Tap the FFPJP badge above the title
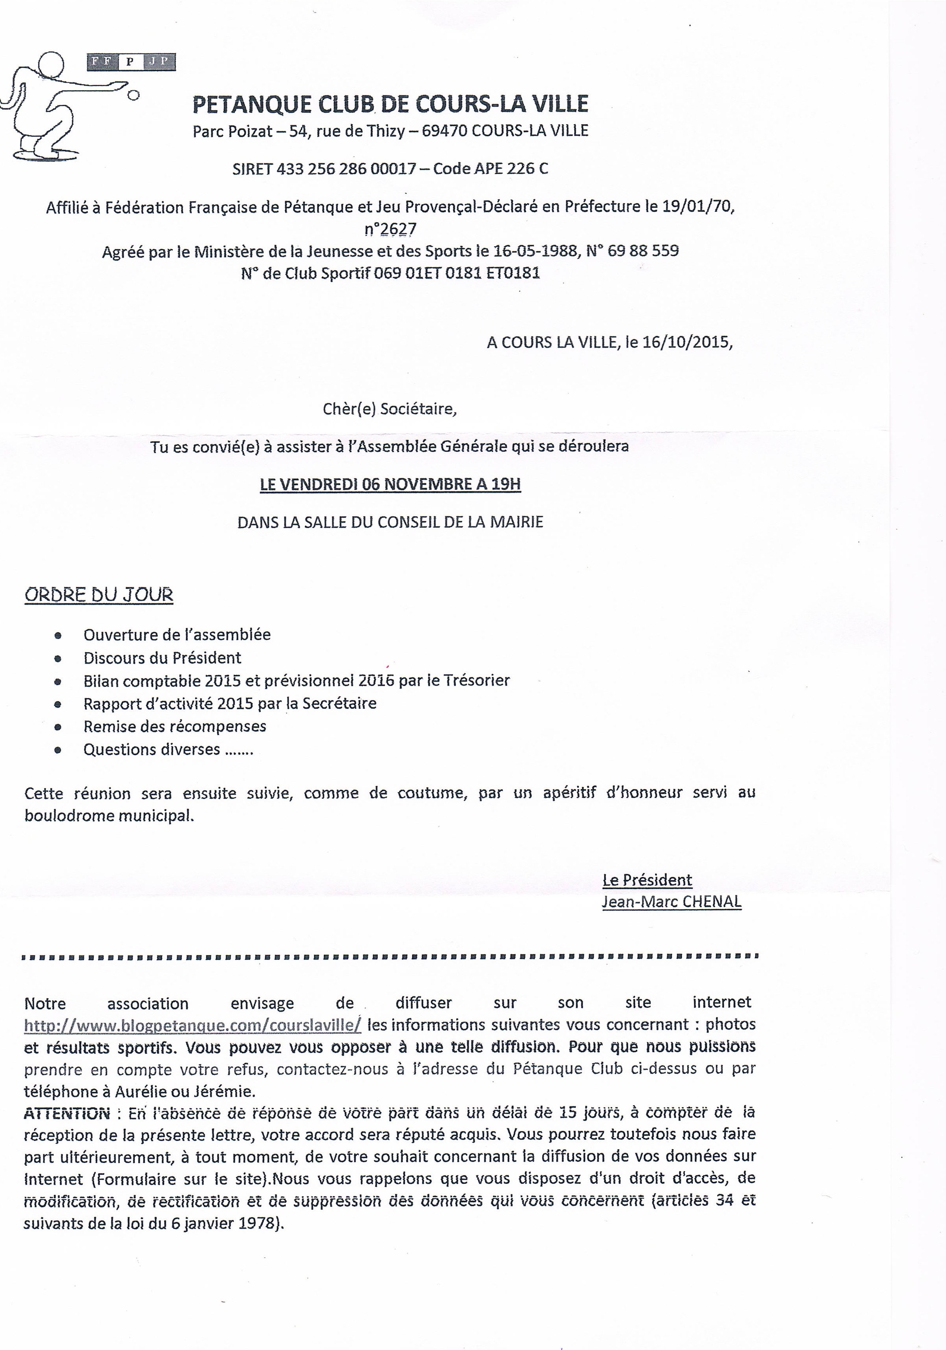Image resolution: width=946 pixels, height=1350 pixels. point(131,62)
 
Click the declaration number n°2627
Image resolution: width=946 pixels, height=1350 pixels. point(390,229)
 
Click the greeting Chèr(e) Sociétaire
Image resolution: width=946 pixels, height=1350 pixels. point(390,409)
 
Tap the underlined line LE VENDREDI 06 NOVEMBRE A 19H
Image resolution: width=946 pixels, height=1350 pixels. point(390,484)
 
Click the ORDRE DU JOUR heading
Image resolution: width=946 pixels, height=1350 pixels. point(99,594)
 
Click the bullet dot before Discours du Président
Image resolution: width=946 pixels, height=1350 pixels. point(58,658)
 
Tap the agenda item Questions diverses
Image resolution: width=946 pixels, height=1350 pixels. point(152,750)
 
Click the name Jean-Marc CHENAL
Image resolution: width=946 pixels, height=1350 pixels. point(671,902)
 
